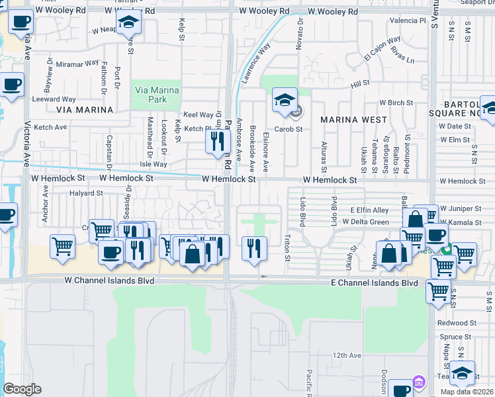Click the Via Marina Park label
point(156,95)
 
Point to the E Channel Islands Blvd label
point(375,283)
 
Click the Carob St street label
point(289,129)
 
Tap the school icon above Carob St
point(285,101)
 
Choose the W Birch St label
point(396,103)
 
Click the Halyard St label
point(86,194)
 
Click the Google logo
point(22,389)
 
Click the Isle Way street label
point(154,164)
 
